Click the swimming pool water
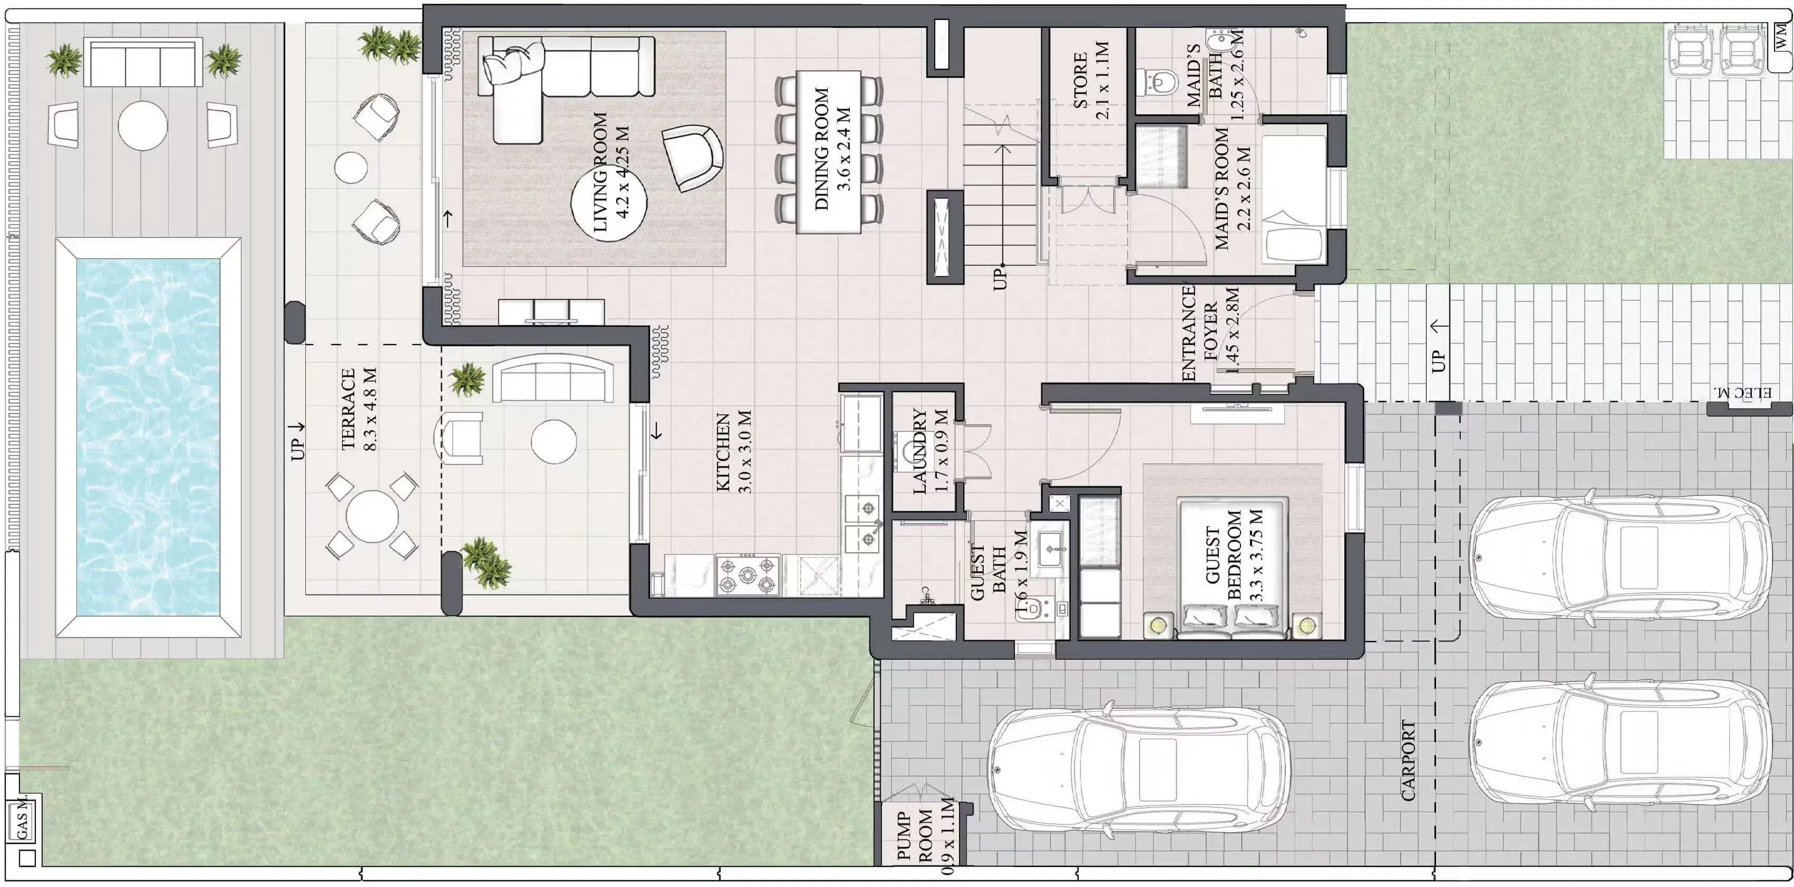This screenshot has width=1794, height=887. (x=148, y=437)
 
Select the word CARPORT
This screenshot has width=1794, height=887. (x=1408, y=761)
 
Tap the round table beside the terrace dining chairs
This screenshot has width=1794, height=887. (x=372, y=516)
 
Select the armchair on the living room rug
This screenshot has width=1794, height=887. (x=692, y=158)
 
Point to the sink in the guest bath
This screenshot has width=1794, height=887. (x=1050, y=549)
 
